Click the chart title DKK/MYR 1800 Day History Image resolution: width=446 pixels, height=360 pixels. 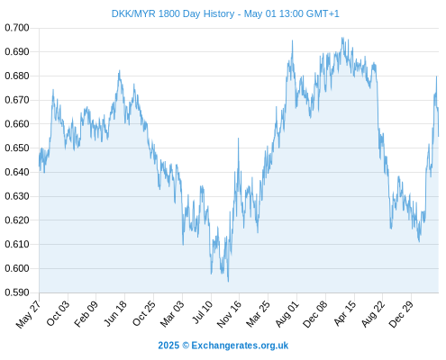173,13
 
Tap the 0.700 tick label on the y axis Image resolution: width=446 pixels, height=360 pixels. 17,28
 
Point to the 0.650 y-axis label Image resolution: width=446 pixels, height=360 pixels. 17,148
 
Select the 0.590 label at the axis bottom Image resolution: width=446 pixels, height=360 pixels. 17,292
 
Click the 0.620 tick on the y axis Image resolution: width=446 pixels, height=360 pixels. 17,220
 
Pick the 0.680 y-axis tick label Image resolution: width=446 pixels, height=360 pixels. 17,76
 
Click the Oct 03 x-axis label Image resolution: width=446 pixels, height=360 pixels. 58,313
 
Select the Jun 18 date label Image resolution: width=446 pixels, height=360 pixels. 115,313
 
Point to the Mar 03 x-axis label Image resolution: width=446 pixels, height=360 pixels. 171,313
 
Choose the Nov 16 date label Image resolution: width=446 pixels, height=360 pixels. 229,314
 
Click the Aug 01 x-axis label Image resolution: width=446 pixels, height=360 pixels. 287,313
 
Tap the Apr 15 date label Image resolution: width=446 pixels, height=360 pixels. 345,313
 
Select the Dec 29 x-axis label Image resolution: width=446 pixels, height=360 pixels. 401,314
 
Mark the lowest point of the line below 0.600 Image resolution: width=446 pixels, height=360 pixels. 228,282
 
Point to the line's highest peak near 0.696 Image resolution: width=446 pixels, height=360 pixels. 342,38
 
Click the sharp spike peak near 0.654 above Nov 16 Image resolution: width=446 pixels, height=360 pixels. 239,139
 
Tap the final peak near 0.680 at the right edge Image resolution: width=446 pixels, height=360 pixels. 436,76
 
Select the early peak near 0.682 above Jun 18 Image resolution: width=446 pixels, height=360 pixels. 120,70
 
